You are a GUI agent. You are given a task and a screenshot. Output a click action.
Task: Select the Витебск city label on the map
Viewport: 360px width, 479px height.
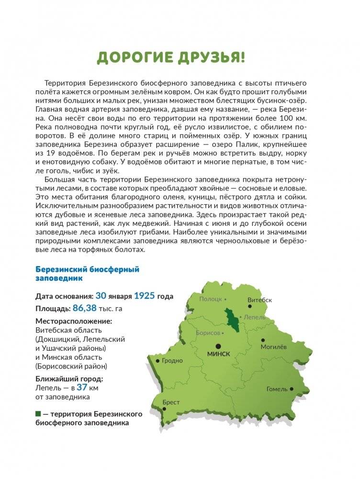[260, 300]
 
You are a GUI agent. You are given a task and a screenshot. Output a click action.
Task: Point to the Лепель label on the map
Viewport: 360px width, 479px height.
[254, 317]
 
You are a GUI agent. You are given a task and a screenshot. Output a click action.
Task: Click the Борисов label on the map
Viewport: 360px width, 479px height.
[207, 333]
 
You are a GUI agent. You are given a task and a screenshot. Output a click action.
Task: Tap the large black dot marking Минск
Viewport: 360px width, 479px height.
[218, 345]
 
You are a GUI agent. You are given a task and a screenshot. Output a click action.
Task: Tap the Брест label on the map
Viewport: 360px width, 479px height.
[171, 402]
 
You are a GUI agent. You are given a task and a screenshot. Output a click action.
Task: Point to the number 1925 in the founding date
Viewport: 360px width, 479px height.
[144, 296]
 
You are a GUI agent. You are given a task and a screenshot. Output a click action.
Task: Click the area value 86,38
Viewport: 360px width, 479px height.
[73, 308]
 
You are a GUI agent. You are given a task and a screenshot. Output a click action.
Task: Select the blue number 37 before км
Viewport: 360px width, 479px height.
[82, 388]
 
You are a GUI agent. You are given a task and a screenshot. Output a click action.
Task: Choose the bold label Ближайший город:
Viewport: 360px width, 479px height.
[69, 379]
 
